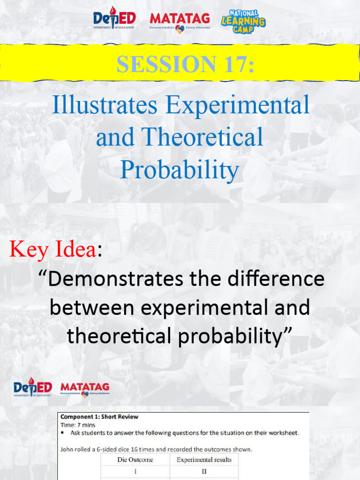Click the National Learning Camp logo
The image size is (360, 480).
pyautogui.click(x=243, y=22)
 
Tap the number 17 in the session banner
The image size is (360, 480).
pyautogui.click(x=238, y=64)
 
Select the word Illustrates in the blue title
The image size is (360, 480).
pyautogui.click(x=104, y=105)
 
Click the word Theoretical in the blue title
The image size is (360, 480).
pyautogui.click(x=202, y=137)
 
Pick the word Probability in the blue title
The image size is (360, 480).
pyautogui.click(x=180, y=170)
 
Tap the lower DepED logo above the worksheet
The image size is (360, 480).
pyautogui.click(x=32, y=388)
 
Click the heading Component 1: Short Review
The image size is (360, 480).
pyautogui.click(x=99, y=417)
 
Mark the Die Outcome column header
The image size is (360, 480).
pyautogui.click(x=135, y=460)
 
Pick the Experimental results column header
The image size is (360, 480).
pyautogui.click(x=204, y=460)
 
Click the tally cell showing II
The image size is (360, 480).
pyautogui.click(x=204, y=472)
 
